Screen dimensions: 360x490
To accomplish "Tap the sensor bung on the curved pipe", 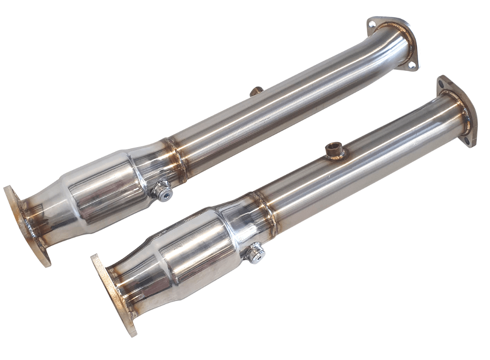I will tap(255, 91).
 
